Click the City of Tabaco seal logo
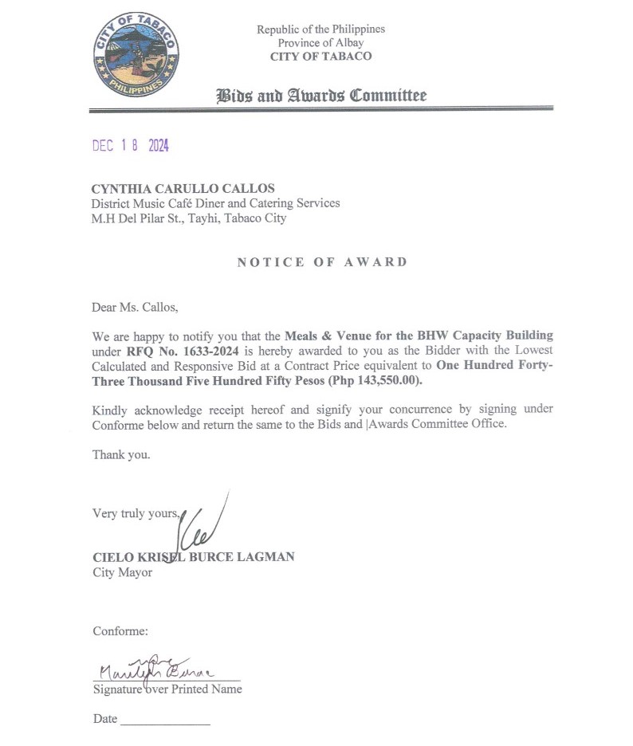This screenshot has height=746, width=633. (134, 54)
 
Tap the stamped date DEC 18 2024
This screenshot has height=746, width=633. (131, 145)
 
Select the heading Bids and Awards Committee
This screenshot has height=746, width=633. (321, 96)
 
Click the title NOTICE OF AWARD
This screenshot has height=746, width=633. (322, 262)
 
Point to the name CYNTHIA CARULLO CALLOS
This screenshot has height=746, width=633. (183, 189)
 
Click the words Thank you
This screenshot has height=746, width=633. (121, 455)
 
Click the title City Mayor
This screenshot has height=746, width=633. (122, 572)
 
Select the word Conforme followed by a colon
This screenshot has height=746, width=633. (120, 631)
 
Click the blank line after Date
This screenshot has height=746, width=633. (165, 721)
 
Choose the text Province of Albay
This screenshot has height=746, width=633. (320, 42)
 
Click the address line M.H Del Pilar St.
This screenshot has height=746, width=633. (190, 218)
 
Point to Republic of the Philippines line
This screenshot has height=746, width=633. (320, 29)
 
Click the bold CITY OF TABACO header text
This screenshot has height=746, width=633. (320, 56)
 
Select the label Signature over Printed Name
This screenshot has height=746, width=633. (167, 689)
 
